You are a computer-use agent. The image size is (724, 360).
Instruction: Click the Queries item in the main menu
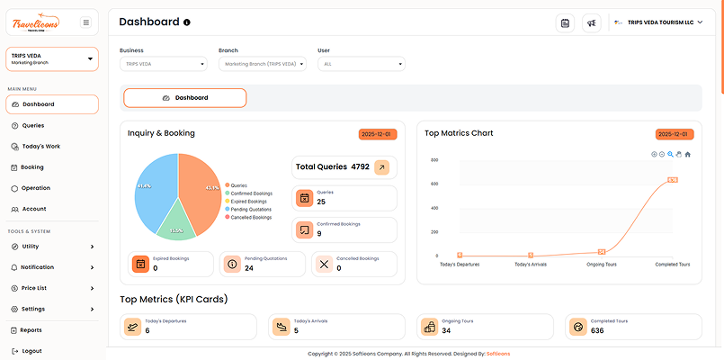[32, 125]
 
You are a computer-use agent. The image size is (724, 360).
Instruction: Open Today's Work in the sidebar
[40, 146]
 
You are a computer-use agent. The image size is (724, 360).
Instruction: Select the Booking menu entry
[32, 166]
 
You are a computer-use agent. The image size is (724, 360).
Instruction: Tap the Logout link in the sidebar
[31, 351]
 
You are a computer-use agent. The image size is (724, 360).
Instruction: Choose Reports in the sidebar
[31, 330]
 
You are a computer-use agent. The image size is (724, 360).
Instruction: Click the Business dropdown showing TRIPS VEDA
[163, 64]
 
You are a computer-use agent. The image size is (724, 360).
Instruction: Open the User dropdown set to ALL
[361, 64]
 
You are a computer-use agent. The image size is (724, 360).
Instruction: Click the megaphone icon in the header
[591, 22]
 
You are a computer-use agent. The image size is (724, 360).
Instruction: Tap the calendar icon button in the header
[565, 22]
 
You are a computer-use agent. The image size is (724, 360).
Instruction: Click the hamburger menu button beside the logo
[85, 22]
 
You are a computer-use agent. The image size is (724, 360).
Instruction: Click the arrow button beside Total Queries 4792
[381, 166]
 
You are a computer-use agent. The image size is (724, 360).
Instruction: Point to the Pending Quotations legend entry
[251, 209]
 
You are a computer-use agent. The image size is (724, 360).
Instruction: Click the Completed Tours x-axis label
[672, 265]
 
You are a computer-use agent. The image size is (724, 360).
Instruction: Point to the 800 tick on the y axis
[434, 160]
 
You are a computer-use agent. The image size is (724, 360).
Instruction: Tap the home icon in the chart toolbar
[688, 154]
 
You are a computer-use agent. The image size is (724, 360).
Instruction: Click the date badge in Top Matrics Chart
[675, 133]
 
